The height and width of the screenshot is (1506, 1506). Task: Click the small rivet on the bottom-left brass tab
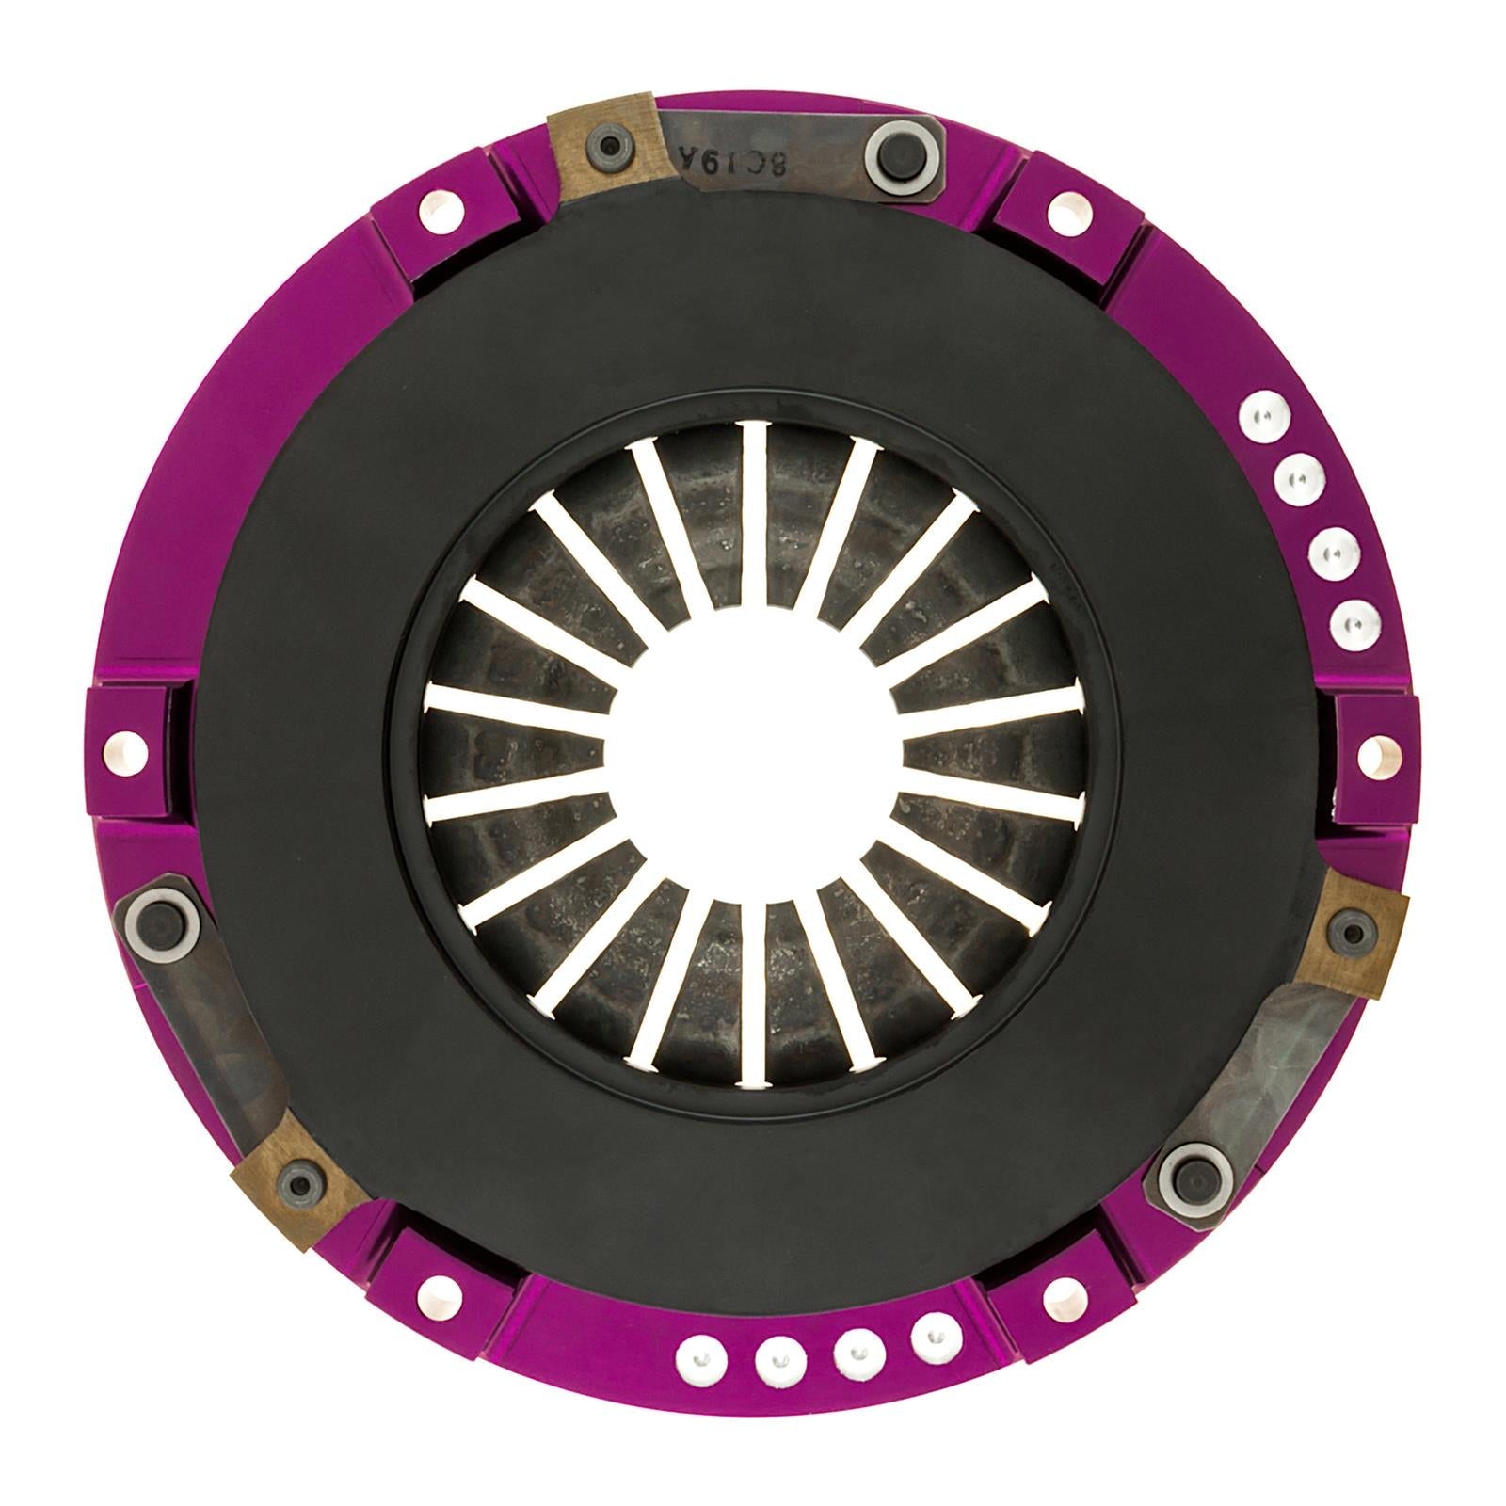pos(302,1178)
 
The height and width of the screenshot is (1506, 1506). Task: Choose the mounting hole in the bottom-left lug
pos(434,1293)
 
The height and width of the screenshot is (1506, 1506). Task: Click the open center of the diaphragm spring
pos(753,753)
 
